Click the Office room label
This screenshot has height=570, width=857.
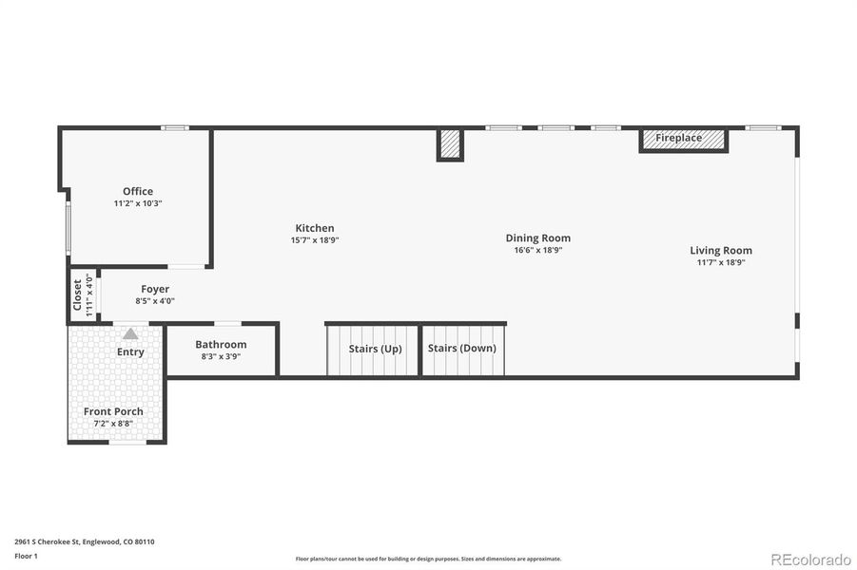pyautogui.click(x=137, y=191)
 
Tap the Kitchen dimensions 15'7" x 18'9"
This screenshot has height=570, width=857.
pyautogui.click(x=314, y=240)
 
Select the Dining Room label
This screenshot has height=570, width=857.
pyautogui.click(x=537, y=238)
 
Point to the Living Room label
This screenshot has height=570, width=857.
pyautogui.click(x=720, y=251)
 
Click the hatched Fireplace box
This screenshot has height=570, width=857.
pyautogui.click(x=682, y=140)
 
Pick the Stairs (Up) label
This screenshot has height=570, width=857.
pyautogui.click(x=375, y=349)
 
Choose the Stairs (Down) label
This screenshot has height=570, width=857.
pyautogui.click(x=461, y=349)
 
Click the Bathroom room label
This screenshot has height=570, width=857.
pyautogui.click(x=221, y=345)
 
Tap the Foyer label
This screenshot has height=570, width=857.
pyautogui.click(x=155, y=289)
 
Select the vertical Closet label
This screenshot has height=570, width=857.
pyautogui.click(x=78, y=294)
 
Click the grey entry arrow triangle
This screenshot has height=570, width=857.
pyautogui.click(x=130, y=333)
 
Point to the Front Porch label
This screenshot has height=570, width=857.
pyautogui.click(x=113, y=411)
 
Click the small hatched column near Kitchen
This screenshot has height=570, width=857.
pyautogui.click(x=450, y=145)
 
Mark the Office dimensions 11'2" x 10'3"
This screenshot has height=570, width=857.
pyautogui.click(x=137, y=203)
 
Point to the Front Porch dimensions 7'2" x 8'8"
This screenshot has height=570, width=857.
pyautogui.click(x=113, y=423)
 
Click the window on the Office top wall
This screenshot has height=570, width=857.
pyautogui.click(x=174, y=128)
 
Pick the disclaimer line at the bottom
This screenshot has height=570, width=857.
pyautogui.click(x=428, y=559)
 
